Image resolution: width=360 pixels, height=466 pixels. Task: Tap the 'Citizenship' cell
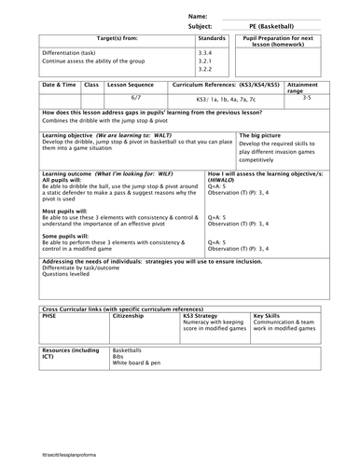pyautogui.click(x=128, y=316)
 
